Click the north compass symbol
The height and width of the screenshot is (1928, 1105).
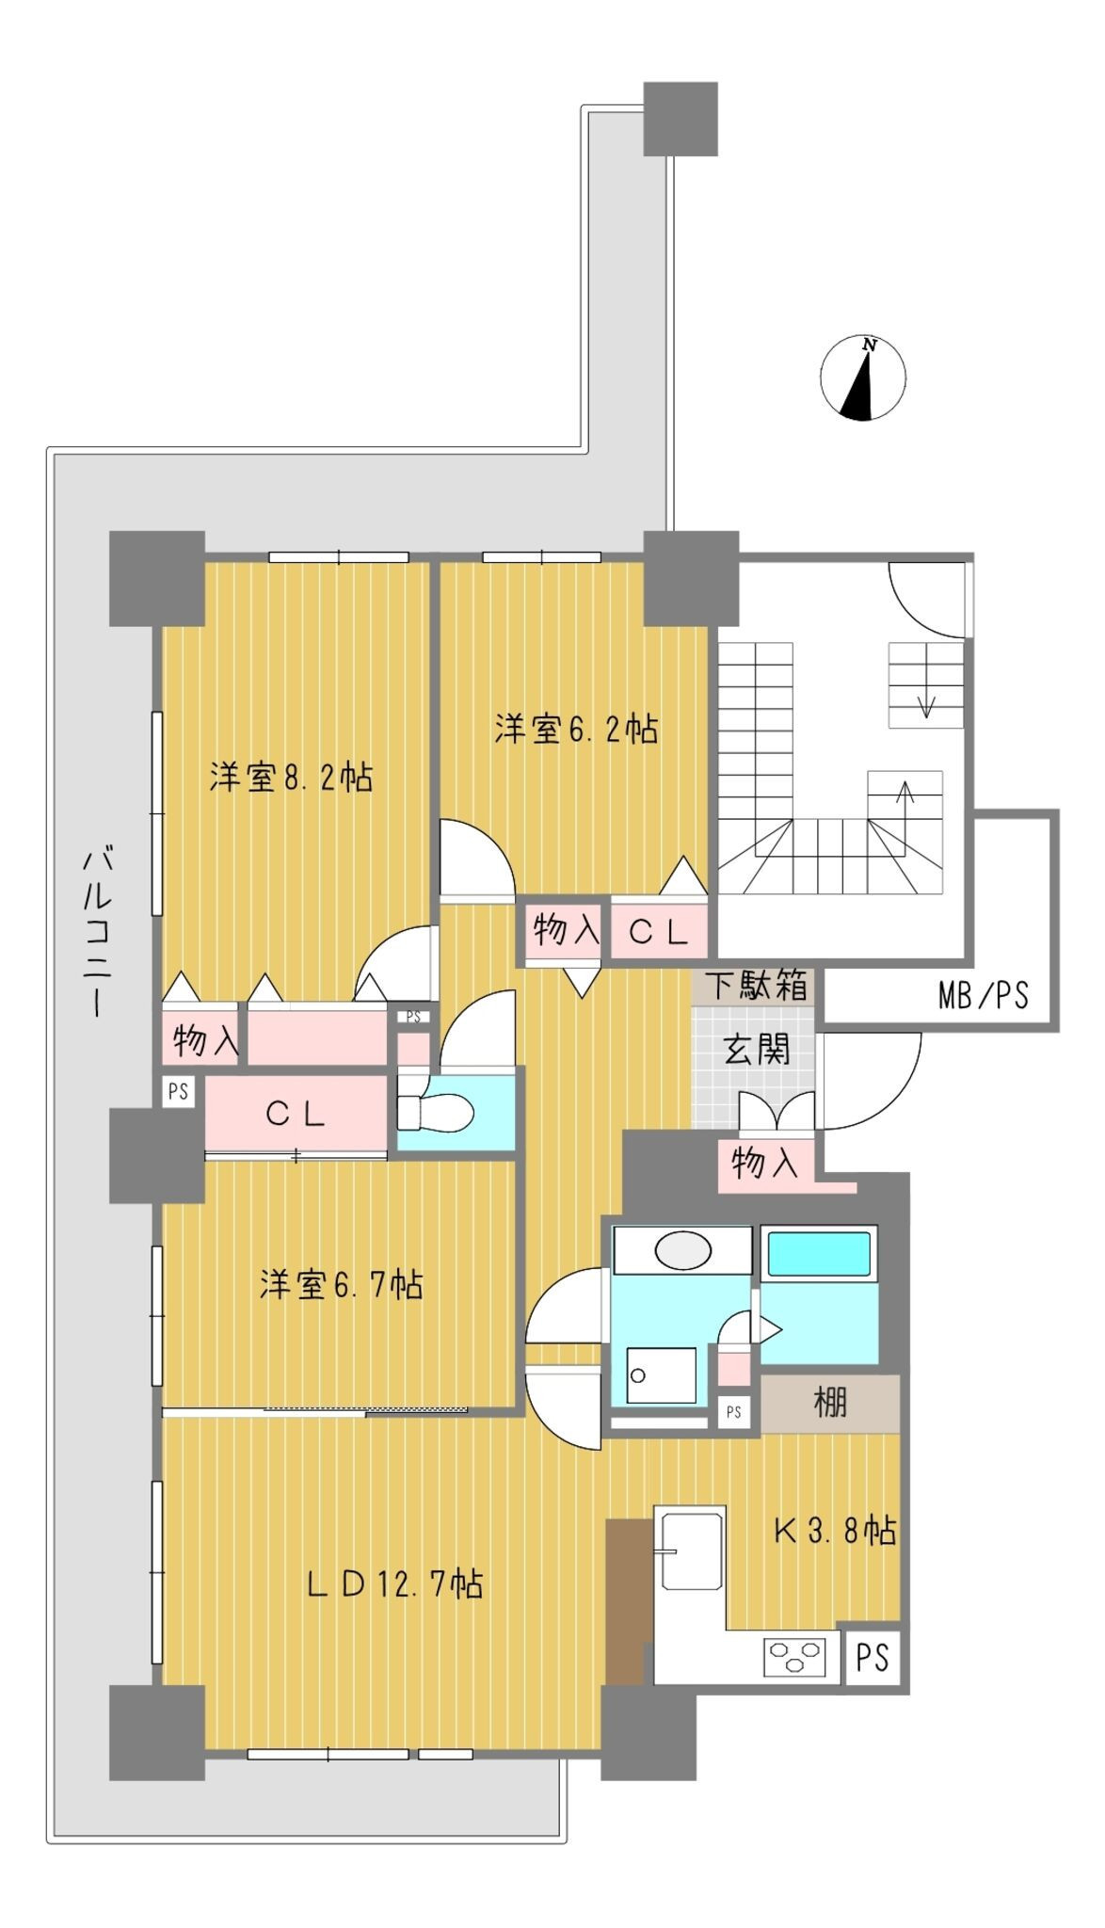tap(863, 378)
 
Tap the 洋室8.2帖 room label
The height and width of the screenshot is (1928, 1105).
tap(291, 778)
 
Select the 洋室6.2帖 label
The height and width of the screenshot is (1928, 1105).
tap(576, 729)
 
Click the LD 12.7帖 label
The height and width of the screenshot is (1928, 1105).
tap(395, 1583)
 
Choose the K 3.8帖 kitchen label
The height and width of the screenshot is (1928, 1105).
tap(834, 1531)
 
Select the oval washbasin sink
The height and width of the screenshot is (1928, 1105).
tap(683, 1251)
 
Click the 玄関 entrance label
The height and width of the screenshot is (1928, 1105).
tap(757, 1049)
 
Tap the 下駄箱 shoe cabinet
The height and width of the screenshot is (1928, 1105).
tap(755, 986)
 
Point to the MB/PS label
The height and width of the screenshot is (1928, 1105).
tap(984, 994)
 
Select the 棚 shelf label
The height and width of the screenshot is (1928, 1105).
tap(830, 1403)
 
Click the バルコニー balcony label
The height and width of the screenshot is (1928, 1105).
tap(98, 932)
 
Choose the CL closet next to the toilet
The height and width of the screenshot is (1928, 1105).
tap(296, 1114)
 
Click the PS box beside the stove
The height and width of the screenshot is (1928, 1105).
tap(873, 1656)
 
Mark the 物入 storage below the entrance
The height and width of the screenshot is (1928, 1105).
tap(766, 1165)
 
